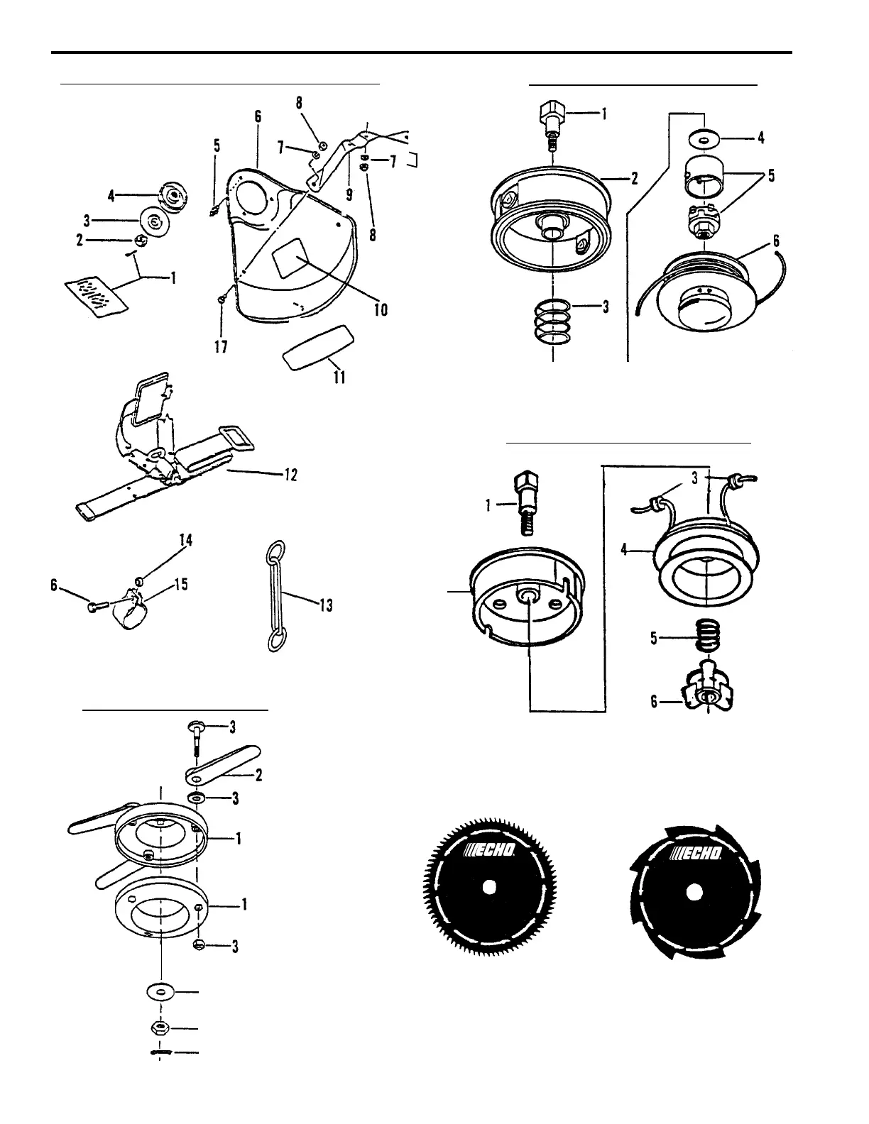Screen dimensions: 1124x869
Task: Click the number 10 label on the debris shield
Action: coord(381,309)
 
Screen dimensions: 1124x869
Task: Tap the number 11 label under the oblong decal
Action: coord(339,377)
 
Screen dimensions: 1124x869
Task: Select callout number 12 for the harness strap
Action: coord(290,474)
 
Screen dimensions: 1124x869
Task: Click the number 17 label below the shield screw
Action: coord(222,348)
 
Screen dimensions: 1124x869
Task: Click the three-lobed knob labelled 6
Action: coord(709,695)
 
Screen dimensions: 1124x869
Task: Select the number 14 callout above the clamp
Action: coord(186,541)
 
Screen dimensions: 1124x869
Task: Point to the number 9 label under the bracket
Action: coord(349,193)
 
